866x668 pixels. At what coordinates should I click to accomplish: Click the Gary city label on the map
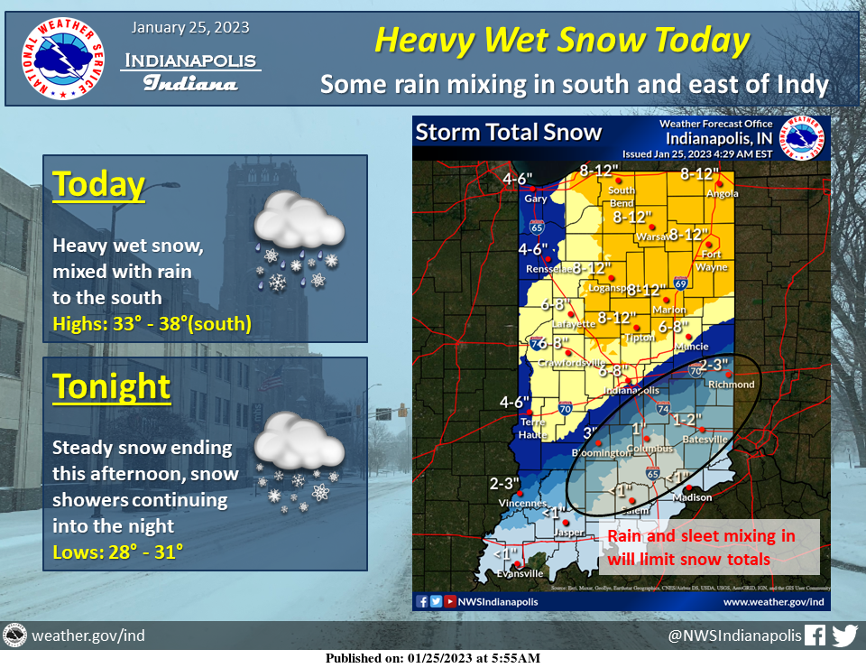(x=536, y=198)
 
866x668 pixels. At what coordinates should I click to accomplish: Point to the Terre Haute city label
(x=536, y=428)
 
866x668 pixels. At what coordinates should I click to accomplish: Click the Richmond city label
(x=732, y=385)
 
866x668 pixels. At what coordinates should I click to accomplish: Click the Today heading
(x=99, y=184)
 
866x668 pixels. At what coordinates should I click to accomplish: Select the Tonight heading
(x=112, y=386)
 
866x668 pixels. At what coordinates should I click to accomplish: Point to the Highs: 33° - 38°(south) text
(x=152, y=323)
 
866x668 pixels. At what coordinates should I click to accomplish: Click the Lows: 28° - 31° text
(x=118, y=549)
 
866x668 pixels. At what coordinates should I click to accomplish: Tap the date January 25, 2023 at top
(x=190, y=27)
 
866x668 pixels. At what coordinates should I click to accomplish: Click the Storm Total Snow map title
(x=509, y=133)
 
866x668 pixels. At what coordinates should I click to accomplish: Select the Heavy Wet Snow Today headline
(x=561, y=41)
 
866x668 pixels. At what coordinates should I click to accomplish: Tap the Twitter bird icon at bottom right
(x=844, y=636)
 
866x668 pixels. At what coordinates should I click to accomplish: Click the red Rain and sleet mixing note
(x=701, y=547)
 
